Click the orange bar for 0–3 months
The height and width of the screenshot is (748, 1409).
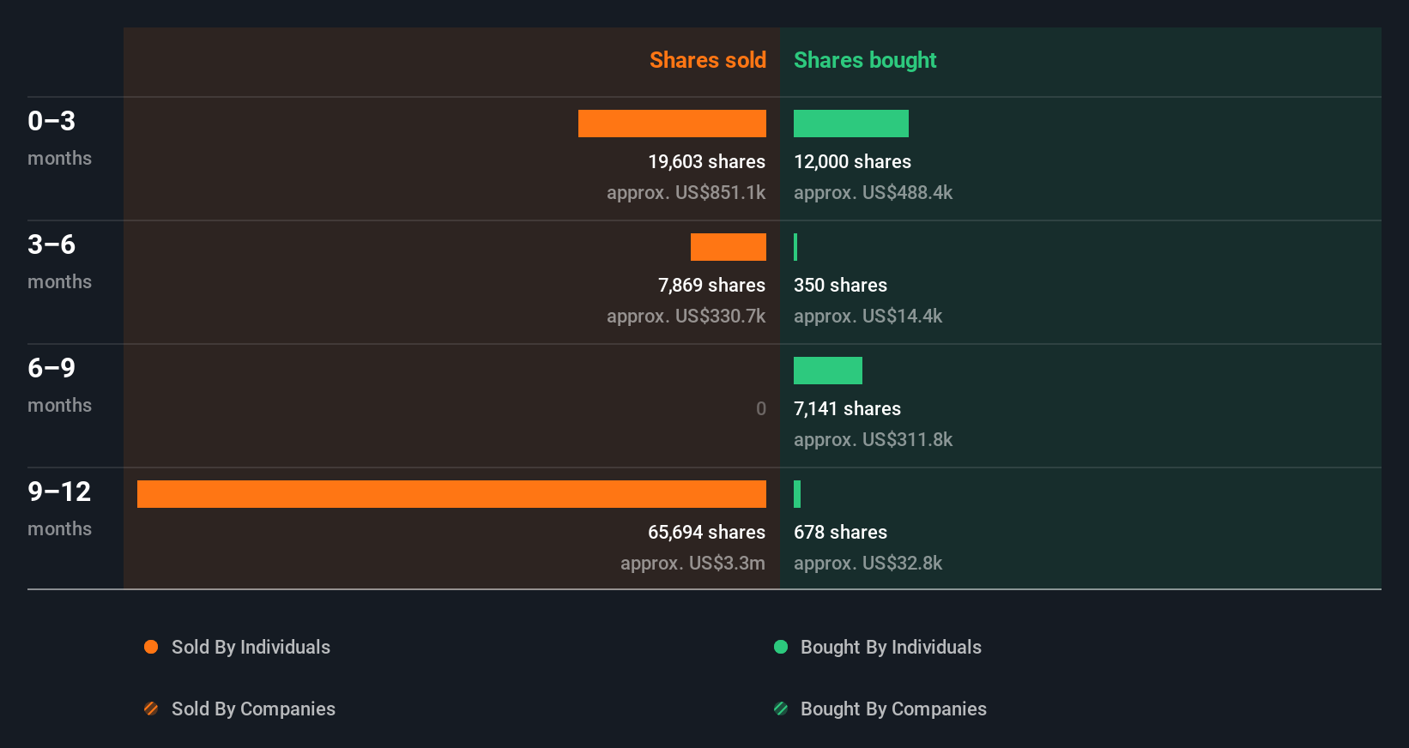point(672,124)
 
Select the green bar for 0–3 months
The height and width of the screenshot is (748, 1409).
point(850,124)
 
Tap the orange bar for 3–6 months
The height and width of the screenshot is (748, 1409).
point(728,247)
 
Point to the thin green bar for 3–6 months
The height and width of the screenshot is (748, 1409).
point(795,247)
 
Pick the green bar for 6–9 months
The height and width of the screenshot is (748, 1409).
point(827,371)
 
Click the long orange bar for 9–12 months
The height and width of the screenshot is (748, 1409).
point(451,494)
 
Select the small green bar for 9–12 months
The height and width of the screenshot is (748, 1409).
point(797,494)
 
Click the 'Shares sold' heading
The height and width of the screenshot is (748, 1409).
point(707,60)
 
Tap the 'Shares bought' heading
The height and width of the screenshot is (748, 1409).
point(864,60)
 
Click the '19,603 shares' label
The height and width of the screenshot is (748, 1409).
point(706,161)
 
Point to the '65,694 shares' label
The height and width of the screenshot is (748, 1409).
point(706,532)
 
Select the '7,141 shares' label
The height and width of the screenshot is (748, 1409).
point(847,408)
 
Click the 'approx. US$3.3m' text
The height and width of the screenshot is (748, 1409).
point(692,563)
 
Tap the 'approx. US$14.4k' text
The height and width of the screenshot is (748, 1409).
point(868,316)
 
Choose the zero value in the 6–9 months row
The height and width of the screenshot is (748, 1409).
point(760,408)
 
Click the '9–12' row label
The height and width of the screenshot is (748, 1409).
point(59,492)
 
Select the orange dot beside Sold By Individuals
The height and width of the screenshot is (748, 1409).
point(151,647)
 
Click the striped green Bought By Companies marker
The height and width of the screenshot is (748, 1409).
point(781,709)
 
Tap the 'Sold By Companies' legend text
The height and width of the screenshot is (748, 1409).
point(253,709)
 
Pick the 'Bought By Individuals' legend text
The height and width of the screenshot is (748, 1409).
point(891,647)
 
